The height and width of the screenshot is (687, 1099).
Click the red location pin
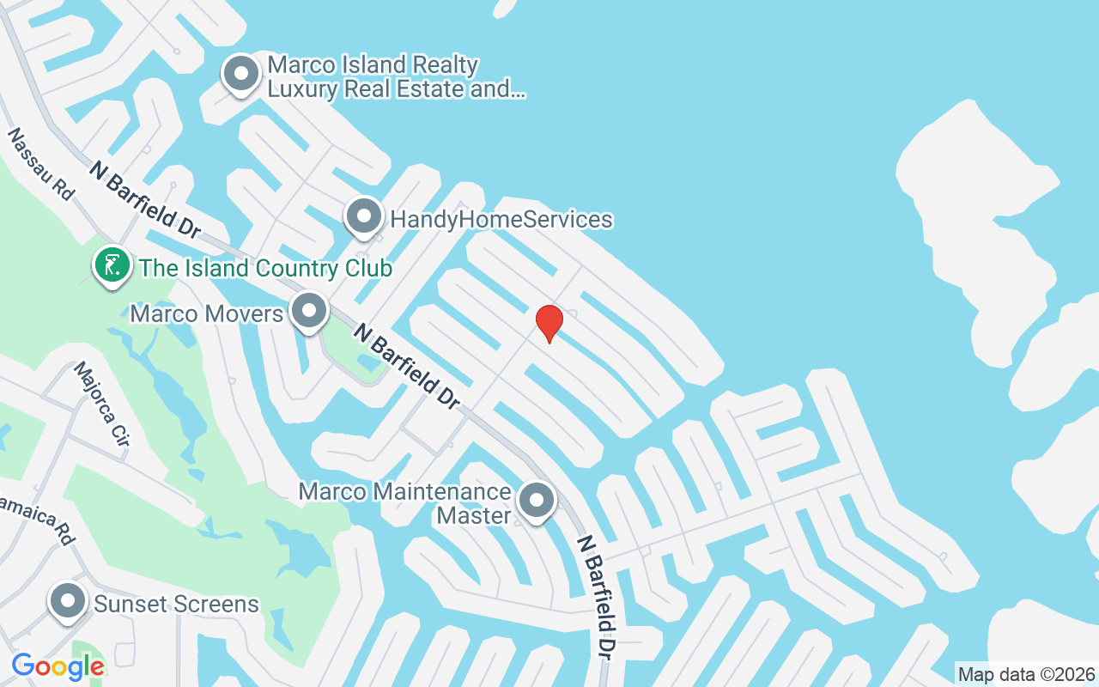click(x=549, y=323)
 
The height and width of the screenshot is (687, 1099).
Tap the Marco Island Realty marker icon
click(x=241, y=75)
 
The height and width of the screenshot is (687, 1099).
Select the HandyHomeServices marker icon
click(x=364, y=218)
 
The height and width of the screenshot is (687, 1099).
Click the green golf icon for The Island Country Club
click(x=112, y=266)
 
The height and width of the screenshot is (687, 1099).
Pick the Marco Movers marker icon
click(x=308, y=313)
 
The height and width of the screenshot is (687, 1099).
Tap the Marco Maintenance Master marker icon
click(x=537, y=501)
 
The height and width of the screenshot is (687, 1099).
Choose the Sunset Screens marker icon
click(x=68, y=603)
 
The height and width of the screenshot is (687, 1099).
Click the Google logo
click(x=58, y=666)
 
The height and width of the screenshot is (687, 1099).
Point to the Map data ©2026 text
click(x=1027, y=674)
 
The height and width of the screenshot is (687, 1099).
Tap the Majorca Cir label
click(x=102, y=404)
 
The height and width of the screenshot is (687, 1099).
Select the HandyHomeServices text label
click(x=501, y=220)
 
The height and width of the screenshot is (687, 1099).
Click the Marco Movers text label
click(x=206, y=313)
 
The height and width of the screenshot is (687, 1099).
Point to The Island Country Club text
click(x=265, y=268)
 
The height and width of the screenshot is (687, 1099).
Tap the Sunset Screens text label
click(x=176, y=604)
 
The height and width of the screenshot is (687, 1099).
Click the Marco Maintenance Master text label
click(x=404, y=503)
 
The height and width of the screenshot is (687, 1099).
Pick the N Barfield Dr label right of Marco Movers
click(x=407, y=364)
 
